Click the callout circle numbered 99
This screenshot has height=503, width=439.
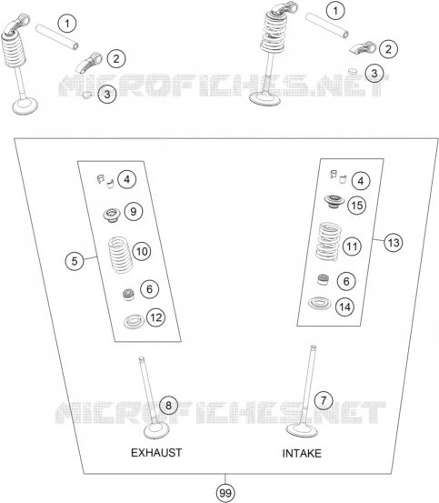225,493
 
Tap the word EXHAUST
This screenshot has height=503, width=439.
156,453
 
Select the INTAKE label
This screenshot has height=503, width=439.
302,453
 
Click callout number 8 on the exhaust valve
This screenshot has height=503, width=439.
168,406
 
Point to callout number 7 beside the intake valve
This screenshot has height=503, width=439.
324,400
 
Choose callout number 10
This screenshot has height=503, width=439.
142,251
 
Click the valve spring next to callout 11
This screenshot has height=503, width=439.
328,241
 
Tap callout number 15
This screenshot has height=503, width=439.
357,205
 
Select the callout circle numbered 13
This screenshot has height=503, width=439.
394,243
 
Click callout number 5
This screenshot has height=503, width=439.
75,261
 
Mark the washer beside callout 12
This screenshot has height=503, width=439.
134,321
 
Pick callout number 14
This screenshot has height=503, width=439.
344,307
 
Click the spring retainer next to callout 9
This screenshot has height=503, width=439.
112,215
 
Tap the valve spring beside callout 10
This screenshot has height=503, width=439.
120,255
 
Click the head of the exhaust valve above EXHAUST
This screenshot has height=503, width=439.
156,431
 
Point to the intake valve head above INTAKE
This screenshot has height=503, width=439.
302,430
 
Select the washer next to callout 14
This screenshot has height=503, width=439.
319,304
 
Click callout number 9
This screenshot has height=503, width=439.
134,211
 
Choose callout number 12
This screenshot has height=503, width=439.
155,317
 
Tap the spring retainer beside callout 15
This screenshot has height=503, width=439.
334,201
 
